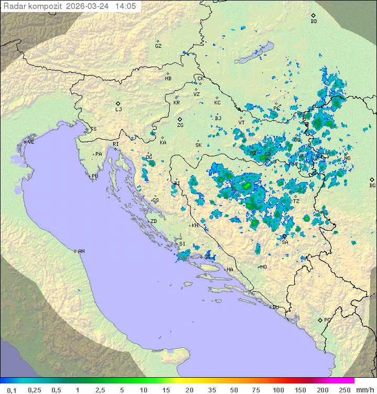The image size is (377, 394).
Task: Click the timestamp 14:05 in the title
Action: click(x=126, y=6)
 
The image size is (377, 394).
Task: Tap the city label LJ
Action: click(x=118, y=110)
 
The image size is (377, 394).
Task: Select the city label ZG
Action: click(x=180, y=125)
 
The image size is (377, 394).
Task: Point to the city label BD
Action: click(x=314, y=22)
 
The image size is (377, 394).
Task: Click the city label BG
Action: click(x=372, y=185)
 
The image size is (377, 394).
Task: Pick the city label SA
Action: click(x=285, y=242)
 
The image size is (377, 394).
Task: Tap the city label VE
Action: click(x=31, y=142)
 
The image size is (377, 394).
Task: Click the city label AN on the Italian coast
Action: click(x=81, y=251)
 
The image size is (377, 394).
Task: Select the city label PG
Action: click(x=327, y=320)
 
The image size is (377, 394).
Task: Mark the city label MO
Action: click(x=263, y=267)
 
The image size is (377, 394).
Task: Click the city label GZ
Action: click(x=158, y=46)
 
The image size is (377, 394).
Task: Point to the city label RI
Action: click(x=116, y=144)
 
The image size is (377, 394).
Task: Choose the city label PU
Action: click(x=95, y=176)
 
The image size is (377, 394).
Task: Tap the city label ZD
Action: click(x=153, y=221)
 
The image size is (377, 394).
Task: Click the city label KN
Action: click(x=195, y=225)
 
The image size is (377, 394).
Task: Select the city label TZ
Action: click(x=296, y=201)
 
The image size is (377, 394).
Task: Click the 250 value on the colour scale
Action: click(x=344, y=390)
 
